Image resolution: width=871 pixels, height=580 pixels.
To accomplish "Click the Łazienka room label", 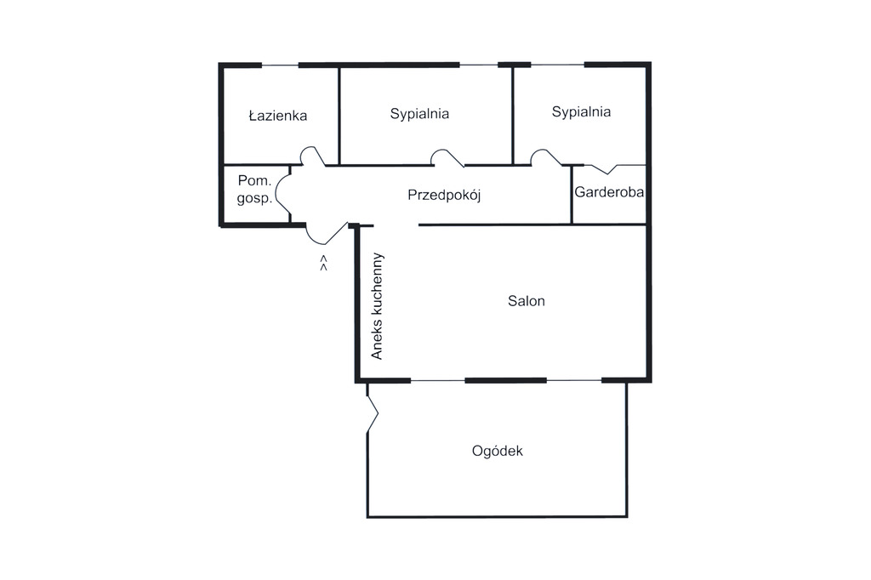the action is coord(278,116).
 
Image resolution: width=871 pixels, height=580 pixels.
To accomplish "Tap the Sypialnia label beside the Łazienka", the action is coord(419,115).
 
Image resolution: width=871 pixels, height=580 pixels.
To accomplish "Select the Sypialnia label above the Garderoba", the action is coord(581,112).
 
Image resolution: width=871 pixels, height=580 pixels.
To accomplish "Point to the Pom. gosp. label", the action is coord(254,190).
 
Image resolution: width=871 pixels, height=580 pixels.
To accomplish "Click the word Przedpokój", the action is coord(444,195).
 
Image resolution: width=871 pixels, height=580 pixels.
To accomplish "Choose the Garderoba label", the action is coord(609,192).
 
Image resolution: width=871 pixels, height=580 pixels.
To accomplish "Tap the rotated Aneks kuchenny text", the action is coord(377,306).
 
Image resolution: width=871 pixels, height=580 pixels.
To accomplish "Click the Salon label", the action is coord(526,301).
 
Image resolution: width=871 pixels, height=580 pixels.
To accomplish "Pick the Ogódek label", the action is coord(497,451).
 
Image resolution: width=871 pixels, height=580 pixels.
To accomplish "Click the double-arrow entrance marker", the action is coord(323,264).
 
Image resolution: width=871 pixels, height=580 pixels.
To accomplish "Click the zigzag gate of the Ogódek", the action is coord(373,412).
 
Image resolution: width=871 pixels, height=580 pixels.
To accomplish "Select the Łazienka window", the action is coord(280,65).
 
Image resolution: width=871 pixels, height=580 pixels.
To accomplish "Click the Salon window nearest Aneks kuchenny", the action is coord(438,380).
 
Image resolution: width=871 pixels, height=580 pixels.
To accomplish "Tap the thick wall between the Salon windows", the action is coord(505,380).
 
